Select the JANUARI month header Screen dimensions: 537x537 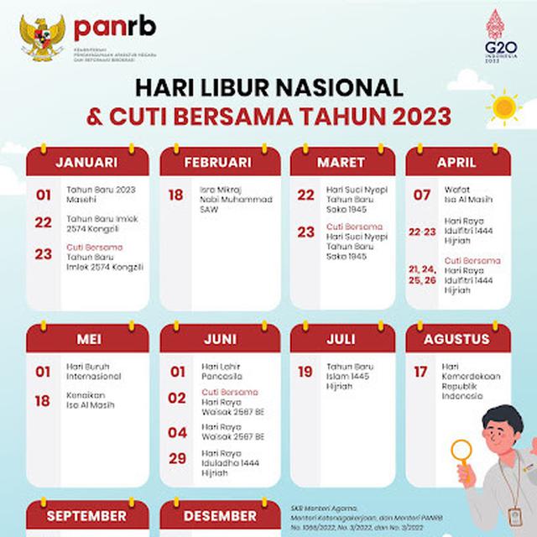pos(86,162)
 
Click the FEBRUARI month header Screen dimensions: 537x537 pos(218,162)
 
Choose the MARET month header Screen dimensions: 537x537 pos(341,162)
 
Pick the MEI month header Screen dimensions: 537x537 pos(86,340)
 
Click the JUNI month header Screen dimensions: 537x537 pos(218,340)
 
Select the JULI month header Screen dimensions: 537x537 pos(341,340)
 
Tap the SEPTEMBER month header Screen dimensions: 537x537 pos(86,515)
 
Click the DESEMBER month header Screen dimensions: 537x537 pos(218,515)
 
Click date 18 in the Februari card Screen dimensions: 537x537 pos(176,196)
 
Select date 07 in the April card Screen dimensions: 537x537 pos(422,196)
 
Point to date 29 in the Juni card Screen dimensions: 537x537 pos(177,457)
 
